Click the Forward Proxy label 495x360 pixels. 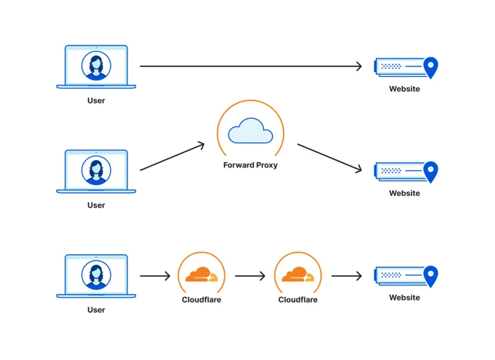point(251,165)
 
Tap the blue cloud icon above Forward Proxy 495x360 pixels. point(251,131)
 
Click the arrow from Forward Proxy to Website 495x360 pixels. point(330,159)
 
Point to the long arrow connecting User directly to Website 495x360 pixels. point(251,66)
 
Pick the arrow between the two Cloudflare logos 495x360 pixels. point(250,276)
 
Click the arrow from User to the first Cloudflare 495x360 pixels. point(155,276)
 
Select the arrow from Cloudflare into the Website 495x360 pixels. point(347,276)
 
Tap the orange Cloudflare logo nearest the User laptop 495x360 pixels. point(201,274)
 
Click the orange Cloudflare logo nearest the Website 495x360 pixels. point(298,274)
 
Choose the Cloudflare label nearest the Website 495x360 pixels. point(298,300)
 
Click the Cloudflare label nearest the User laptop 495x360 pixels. point(201,300)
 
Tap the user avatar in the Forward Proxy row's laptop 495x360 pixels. point(96,170)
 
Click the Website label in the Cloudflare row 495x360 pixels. point(404,298)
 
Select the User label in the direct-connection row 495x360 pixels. point(96,100)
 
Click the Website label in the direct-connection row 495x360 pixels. point(404,89)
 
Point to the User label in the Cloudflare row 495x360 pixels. point(96,309)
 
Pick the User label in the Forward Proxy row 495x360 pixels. point(96,205)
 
